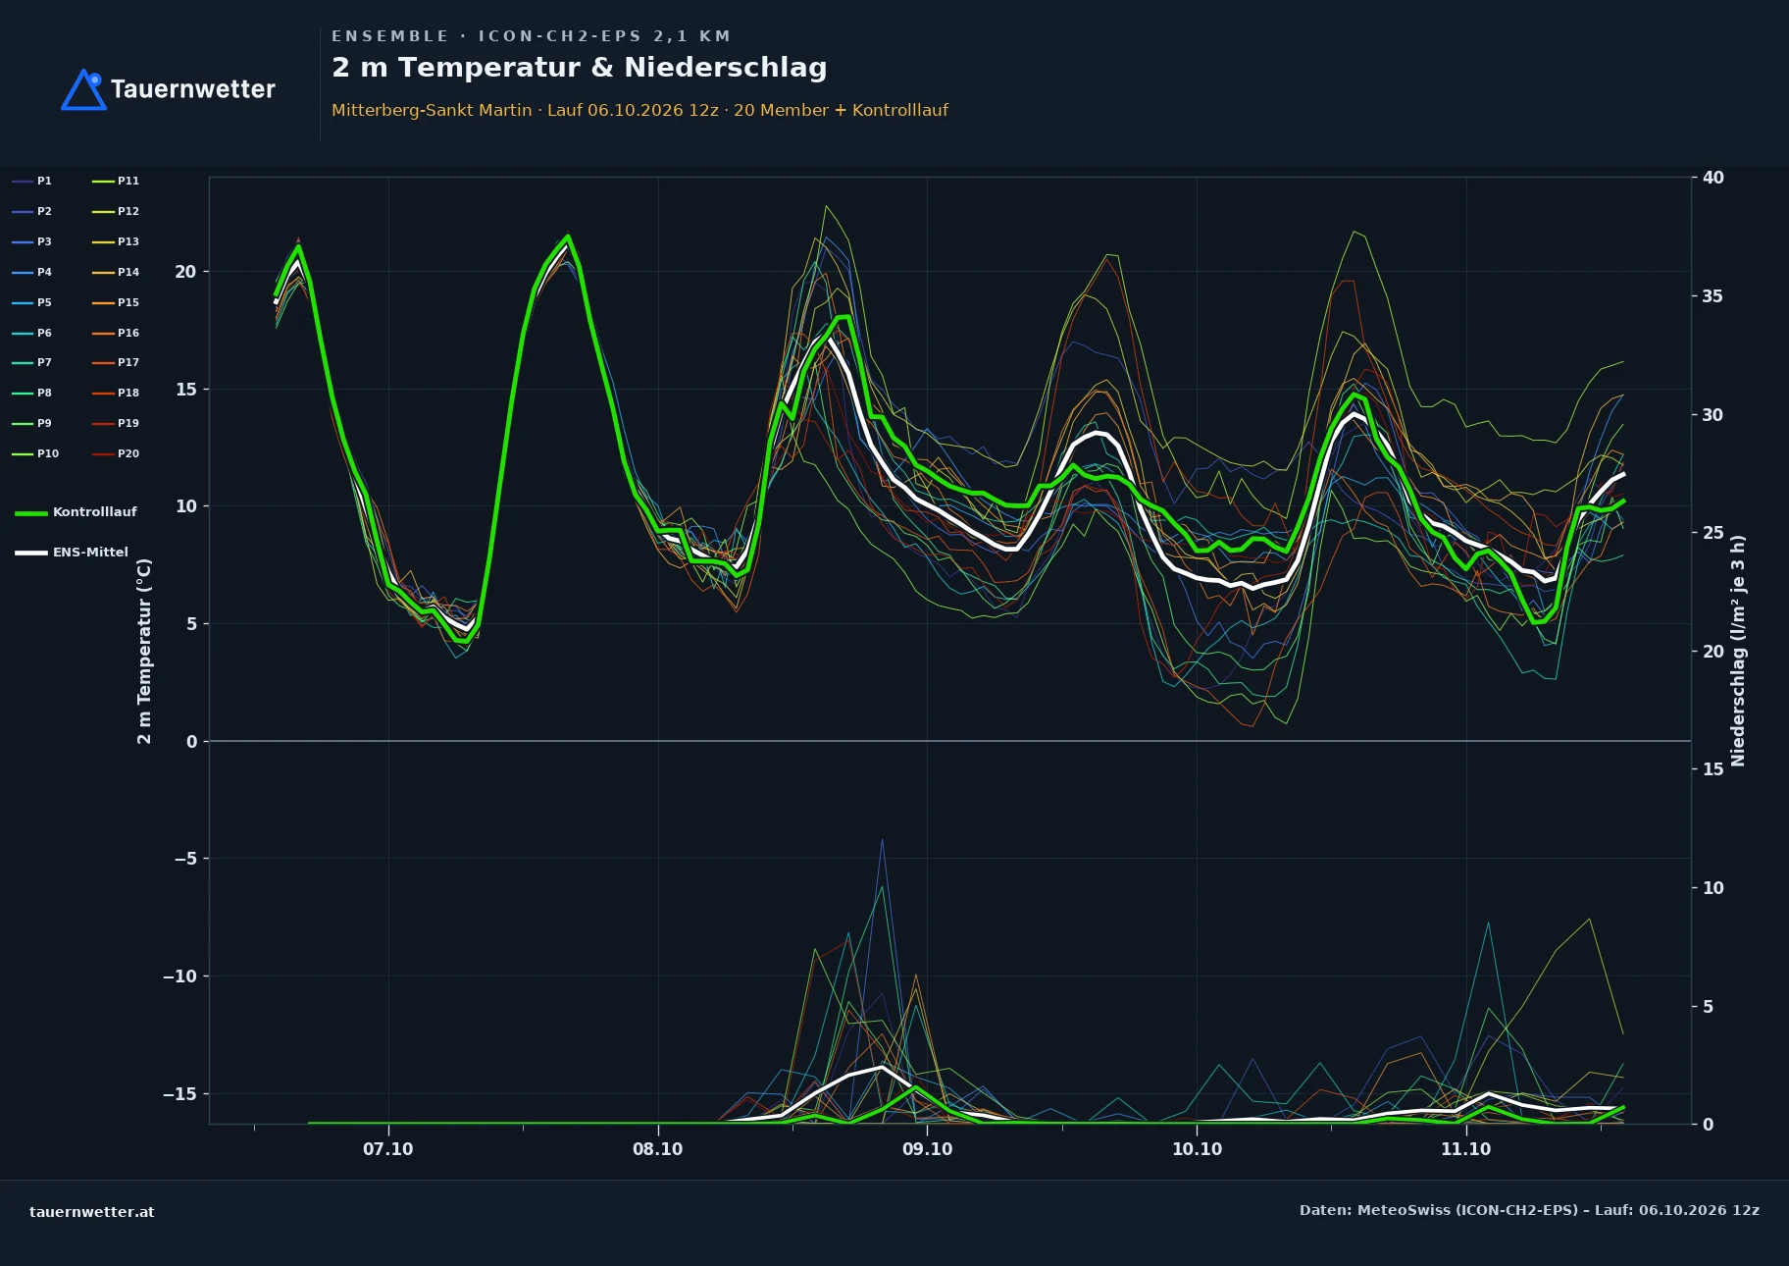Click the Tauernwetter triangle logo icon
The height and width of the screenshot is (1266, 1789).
click(83, 89)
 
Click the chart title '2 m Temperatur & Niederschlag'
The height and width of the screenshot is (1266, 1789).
click(580, 68)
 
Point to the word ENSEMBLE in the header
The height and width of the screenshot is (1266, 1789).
click(390, 36)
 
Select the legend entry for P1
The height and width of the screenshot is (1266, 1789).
click(32, 181)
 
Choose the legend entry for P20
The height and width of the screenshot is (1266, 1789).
click(116, 453)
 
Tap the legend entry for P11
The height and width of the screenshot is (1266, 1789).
click(116, 181)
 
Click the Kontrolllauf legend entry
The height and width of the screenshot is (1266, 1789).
click(77, 512)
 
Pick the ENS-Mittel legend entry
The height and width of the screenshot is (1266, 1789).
click(72, 553)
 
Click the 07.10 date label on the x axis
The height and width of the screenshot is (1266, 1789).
click(388, 1149)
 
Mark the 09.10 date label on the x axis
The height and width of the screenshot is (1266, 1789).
click(927, 1149)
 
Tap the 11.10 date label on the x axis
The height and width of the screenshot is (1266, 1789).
click(1465, 1149)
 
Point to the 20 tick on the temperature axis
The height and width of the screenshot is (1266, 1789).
click(185, 272)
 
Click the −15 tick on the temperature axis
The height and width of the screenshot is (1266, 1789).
click(179, 1094)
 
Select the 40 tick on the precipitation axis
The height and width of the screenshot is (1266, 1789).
click(1713, 178)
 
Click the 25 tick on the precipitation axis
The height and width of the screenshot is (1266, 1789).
click(1713, 533)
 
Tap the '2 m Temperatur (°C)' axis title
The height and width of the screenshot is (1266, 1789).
click(144, 652)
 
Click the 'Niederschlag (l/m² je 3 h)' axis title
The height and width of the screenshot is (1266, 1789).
click(1738, 651)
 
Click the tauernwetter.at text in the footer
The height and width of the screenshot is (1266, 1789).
click(92, 1212)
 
